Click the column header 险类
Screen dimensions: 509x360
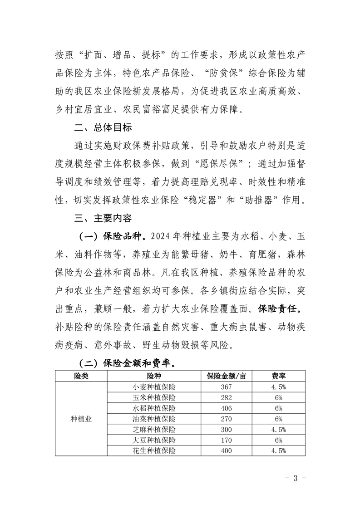tap(81, 376)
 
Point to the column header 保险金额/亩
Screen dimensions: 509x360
tap(226, 376)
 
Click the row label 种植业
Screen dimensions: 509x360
tap(81, 419)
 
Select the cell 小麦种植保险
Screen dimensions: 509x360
tap(154, 387)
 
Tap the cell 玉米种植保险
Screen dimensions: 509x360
tap(154, 398)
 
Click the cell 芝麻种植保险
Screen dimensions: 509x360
tap(154, 430)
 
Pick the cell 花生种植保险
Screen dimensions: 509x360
tap(154, 451)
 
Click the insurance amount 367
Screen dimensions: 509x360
tap(226, 387)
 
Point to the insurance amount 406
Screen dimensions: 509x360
tap(226, 408)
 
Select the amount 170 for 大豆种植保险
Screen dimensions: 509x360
tap(226, 440)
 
